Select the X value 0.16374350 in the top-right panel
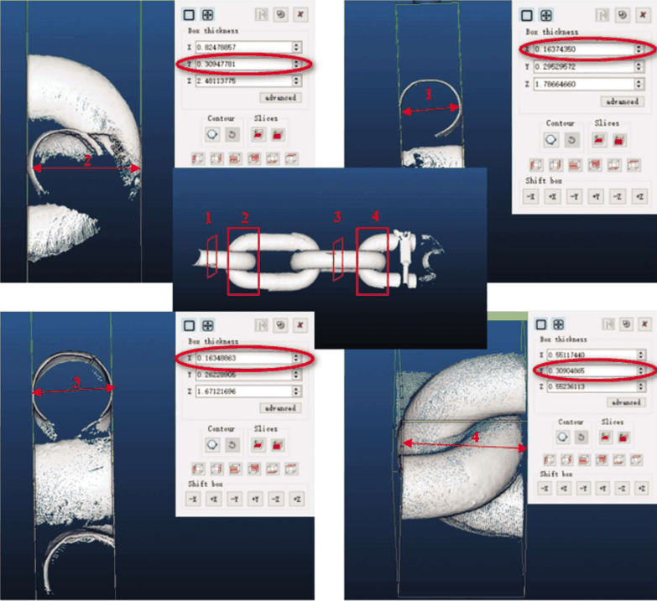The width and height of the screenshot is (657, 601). tap(576, 49)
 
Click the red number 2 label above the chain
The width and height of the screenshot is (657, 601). tap(246, 217)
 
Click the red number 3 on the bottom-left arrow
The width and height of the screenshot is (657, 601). tap(76, 382)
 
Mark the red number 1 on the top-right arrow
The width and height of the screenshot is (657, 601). tap(430, 95)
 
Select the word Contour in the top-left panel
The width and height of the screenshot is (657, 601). tap(221, 118)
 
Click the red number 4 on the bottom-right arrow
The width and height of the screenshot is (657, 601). tap(475, 437)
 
